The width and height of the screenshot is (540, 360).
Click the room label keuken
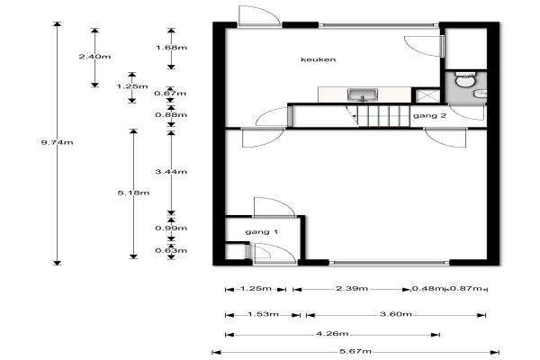318,59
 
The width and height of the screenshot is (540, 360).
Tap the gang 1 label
261,232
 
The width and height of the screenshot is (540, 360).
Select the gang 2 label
429,116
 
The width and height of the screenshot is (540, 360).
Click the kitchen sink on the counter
363,94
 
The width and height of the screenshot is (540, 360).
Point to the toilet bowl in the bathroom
465,81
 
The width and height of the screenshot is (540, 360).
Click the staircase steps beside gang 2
378,116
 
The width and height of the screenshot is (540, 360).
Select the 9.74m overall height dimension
57,142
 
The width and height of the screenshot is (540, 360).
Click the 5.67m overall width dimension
355,351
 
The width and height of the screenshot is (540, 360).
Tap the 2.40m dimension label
94,57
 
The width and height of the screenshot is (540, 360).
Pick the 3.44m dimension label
171,172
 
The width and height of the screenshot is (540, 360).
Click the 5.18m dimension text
133,193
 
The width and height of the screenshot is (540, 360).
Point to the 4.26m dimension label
332,334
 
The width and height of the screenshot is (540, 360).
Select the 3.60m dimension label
396,314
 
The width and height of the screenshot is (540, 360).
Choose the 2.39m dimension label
352,288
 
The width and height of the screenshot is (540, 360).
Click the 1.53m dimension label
263,314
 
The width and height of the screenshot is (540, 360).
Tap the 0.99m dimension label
171,228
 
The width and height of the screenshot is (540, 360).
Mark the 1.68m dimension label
171,48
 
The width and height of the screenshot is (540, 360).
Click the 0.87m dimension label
465,288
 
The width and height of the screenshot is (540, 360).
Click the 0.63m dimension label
171,250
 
